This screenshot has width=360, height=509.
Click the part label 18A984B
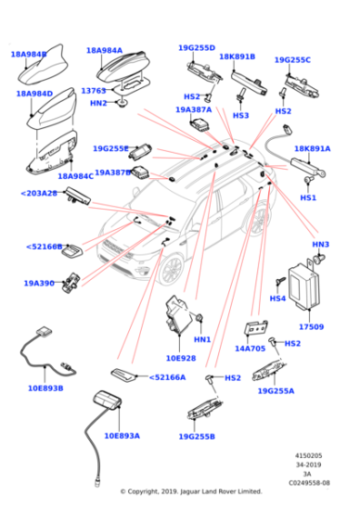[28, 55]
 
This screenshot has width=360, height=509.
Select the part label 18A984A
[105, 51]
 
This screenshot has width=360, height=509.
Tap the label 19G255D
[196, 47]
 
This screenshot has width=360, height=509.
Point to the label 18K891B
[237, 56]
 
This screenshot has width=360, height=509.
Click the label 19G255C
[292, 60]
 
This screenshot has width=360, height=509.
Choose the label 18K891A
[312, 148]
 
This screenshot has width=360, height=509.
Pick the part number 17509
[311, 326]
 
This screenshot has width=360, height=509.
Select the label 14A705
[250, 348]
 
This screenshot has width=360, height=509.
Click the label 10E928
[181, 358]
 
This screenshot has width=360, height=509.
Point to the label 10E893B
[45, 387]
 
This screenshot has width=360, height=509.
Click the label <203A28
[38, 193]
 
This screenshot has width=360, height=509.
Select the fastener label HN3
[320, 245]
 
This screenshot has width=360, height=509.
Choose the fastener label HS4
[278, 298]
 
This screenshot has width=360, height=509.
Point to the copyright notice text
[191, 491]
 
